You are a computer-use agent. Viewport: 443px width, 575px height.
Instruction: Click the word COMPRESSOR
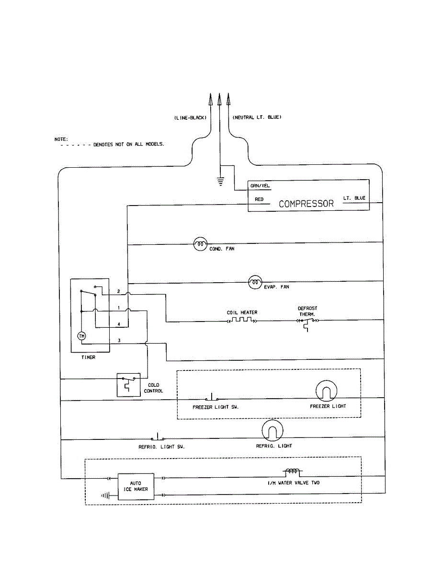tap(306, 204)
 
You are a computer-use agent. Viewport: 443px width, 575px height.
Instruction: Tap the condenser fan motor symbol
tap(200, 244)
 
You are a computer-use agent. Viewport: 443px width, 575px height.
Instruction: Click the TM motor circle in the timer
tap(81, 336)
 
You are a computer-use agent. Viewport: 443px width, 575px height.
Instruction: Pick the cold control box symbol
tap(128, 384)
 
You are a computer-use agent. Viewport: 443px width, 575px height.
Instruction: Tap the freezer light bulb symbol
tap(327, 392)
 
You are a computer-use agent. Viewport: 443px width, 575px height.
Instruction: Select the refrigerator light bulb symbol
tap(273, 431)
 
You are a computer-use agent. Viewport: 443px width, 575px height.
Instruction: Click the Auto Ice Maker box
tap(136, 486)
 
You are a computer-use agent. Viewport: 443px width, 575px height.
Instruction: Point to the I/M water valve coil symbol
tap(293, 472)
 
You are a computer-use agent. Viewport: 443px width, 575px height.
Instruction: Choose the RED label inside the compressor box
tap(259, 199)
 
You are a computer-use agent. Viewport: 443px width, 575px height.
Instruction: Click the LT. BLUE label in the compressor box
tap(354, 198)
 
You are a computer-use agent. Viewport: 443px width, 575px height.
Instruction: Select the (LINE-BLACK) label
tap(190, 117)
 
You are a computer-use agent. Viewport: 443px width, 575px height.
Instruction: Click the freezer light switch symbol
tap(212, 398)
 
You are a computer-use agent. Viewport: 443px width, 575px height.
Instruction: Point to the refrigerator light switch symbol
tap(158, 438)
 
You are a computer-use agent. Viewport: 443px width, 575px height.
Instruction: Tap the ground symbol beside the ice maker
tap(106, 495)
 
